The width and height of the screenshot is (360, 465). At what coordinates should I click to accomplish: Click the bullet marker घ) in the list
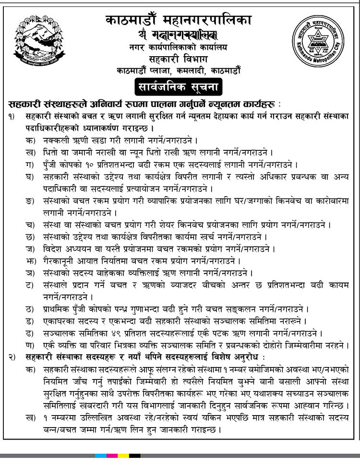(30, 177)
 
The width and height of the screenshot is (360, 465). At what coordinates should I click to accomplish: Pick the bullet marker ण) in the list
(30, 345)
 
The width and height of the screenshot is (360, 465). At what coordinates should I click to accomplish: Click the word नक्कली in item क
(54, 140)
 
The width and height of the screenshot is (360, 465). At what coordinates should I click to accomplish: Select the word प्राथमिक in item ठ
(56, 308)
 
